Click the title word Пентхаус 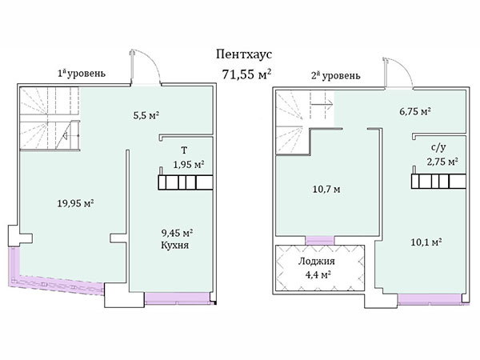(244, 54)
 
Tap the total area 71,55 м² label (246, 74)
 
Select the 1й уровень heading (82, 74)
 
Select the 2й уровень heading (336, 75)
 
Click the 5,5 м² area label (146, 116)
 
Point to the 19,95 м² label (76, 203)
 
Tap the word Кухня (174, 246)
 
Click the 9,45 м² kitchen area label (177, 234)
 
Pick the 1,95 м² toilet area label (189, 165)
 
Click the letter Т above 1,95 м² (184, 150)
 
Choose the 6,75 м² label (415, 111)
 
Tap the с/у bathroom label (438, 147)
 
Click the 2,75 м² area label (442, 162)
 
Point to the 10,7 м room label (326, 190)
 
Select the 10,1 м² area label (426, 242)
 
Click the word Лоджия (317, 262)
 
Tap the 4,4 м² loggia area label (318, 274)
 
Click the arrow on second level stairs (322, 104)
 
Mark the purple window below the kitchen (178, 298)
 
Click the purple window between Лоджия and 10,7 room (319, 240)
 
